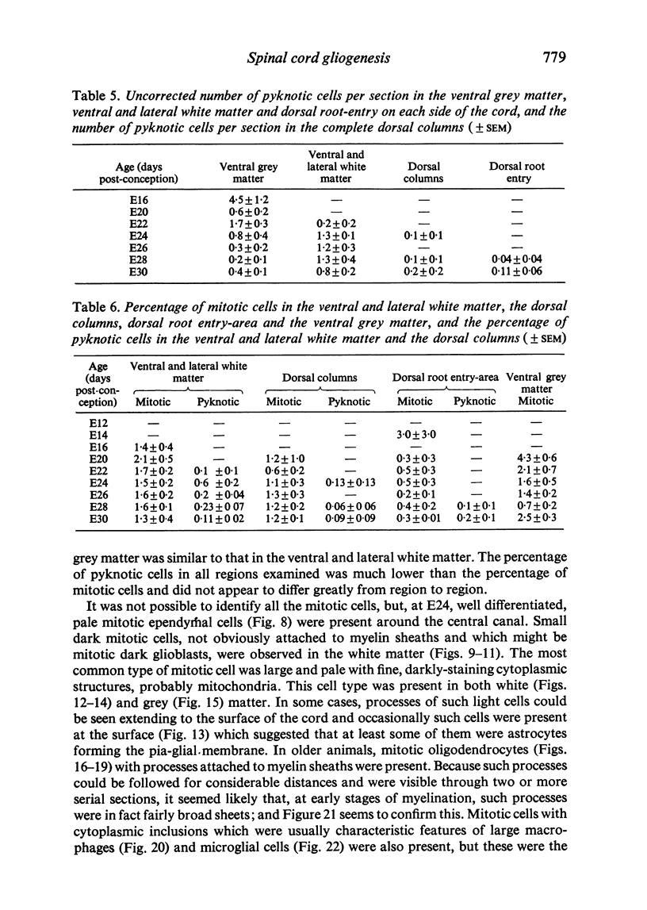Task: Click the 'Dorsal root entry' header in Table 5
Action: coord(516,173)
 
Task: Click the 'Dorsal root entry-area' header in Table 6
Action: coord(446,377)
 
